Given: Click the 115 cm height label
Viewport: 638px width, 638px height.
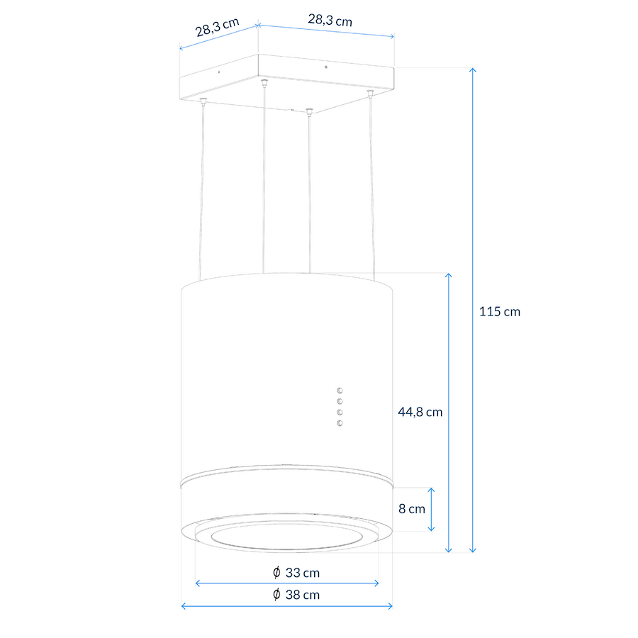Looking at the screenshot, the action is (x=499, y=312).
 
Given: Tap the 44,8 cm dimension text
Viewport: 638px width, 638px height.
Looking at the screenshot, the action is (x=420, y=412).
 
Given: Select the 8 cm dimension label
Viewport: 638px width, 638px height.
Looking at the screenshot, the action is (x=411, y=508).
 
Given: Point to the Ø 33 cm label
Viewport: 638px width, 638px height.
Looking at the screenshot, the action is (x=296, y=573).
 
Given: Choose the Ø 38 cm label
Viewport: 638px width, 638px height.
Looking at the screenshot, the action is (x=296, y=595).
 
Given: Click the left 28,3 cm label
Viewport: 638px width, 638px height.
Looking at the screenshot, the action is (x=217, y=27).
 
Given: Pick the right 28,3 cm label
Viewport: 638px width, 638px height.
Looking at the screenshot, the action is (x=330, y=20).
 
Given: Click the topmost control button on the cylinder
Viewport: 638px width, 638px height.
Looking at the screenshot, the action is (x=340, y=391).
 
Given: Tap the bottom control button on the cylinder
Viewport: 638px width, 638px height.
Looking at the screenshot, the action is (x=340, y=424).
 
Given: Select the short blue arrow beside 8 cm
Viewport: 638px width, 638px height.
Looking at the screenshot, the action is (x=431, y=510).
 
